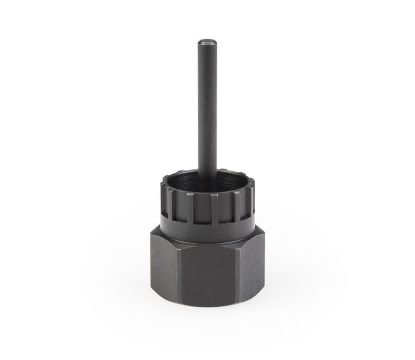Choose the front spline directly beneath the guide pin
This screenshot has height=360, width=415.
tap(214, 209)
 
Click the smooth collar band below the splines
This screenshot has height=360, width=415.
tap(208, 233)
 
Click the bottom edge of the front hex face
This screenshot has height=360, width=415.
tap(207, 306)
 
